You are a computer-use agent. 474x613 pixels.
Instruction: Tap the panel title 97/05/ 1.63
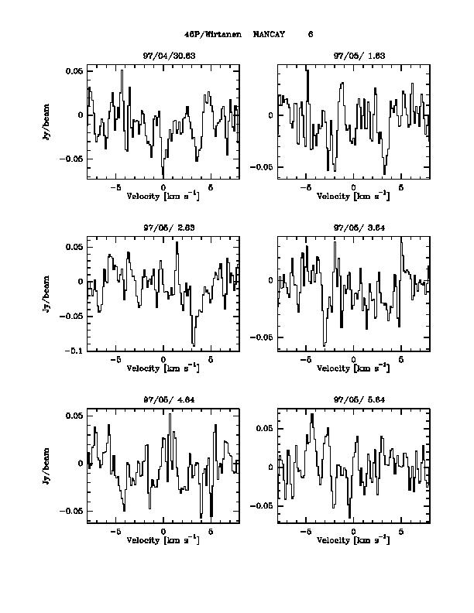click(354, 57)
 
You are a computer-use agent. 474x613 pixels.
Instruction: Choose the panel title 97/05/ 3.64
click(354, 228)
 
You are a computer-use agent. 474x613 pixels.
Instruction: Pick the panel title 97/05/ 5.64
click(354, 400)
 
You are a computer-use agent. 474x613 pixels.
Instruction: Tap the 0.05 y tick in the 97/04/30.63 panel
click(74, 71)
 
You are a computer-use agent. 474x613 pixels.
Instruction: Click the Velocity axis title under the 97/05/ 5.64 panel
click(354, 539)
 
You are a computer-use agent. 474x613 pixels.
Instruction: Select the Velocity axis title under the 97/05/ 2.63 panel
click(163, 368)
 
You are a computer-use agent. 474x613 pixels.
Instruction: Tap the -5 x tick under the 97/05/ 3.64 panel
click(306, 360)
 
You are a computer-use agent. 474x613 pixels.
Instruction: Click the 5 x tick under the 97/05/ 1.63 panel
click(401, 187)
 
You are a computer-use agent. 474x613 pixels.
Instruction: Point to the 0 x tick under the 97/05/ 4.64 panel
click(163, 532)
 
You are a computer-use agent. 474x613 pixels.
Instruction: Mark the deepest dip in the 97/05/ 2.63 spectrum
click(194, 345)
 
